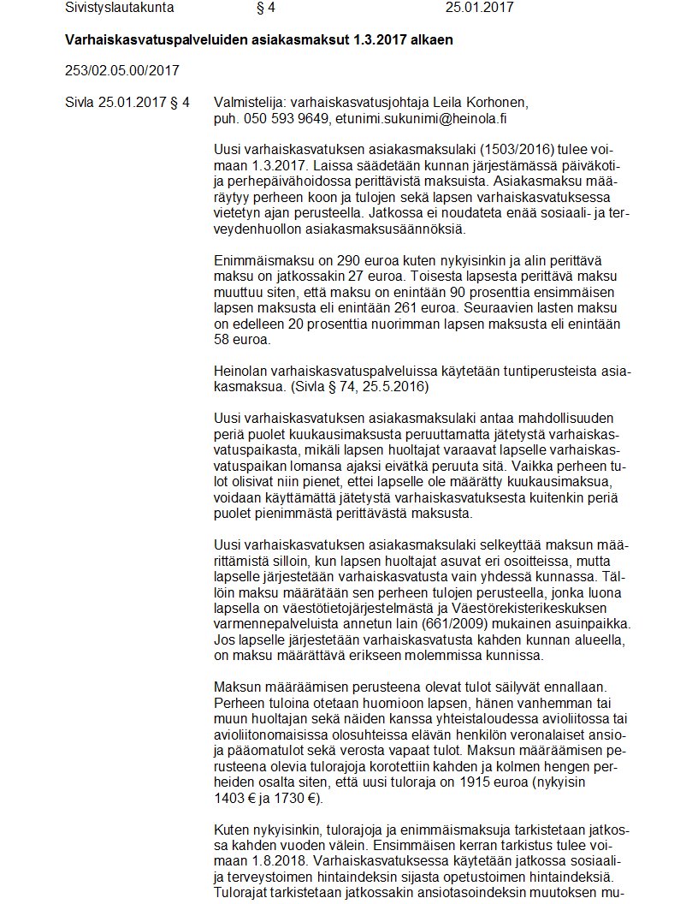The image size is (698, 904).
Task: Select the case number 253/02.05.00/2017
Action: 122,69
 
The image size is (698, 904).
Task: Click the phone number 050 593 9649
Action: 287,118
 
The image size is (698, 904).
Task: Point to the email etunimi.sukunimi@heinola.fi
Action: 433,118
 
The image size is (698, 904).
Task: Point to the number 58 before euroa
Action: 224,339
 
